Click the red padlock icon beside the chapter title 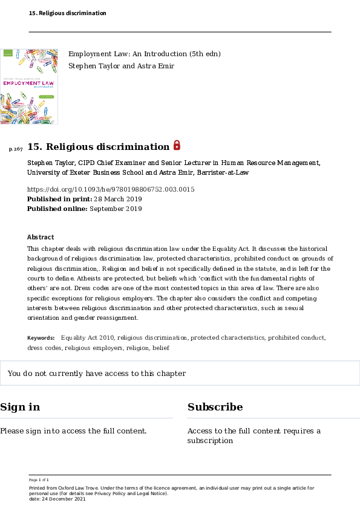[x=177, y=145]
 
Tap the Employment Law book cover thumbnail [x=29, y=86]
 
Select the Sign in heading [x=20, y=407]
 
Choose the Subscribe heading [x=215, y=407]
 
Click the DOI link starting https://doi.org [x=111, y=189]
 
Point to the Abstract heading [x=41, y=237]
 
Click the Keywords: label [x=41, y=338]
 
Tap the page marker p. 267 [x=16, y=149]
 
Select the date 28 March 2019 [x=118, y=199]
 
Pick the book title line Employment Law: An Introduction [x=144, y=54]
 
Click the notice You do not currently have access [x=97, y=374]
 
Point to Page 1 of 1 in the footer [x=39, y=479]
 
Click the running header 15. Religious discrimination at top [x=67, y=13]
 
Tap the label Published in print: [x=60, y=199]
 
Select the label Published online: [x=57, y=209]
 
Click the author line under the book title [x=120, y=65]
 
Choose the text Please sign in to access [x=73, y=431]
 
